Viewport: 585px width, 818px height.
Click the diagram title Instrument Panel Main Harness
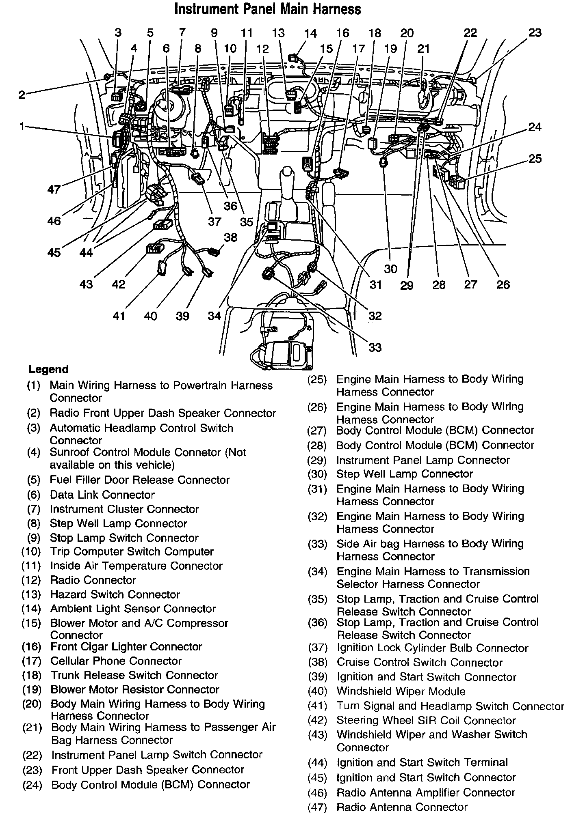tap(268, 9)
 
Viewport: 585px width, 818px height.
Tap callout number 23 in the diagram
tap(535, 33)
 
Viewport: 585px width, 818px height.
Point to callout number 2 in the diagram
tap(22, 95)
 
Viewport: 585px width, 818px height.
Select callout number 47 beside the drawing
tap(54, 189)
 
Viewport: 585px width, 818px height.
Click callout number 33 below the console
tap(375, 347)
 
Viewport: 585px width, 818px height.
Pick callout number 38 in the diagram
tap(230, 237)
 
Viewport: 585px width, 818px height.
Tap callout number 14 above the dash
tap(310, 33)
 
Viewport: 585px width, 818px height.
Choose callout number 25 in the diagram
tap(535, 159)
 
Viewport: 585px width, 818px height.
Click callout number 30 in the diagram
tap(390, 269)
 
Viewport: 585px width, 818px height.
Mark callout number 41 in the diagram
tap(119, 316)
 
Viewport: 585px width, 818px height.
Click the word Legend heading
tap(48, 369)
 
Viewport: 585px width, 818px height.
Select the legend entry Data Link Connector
tap(102, 495)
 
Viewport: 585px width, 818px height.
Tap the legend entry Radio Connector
tap(93, 580)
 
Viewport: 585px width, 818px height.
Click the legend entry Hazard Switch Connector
tap(115, 595)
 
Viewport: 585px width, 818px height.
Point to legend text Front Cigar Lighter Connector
tap(126, 647)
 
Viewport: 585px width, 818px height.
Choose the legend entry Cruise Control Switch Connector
tap(420, 663)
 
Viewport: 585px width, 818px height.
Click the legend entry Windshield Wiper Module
tap(401, 691)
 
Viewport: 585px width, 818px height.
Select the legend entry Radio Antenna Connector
tap(402, 807)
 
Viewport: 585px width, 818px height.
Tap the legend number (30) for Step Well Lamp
tap(317, 474)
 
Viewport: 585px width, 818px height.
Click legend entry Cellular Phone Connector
tap(116, 661)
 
